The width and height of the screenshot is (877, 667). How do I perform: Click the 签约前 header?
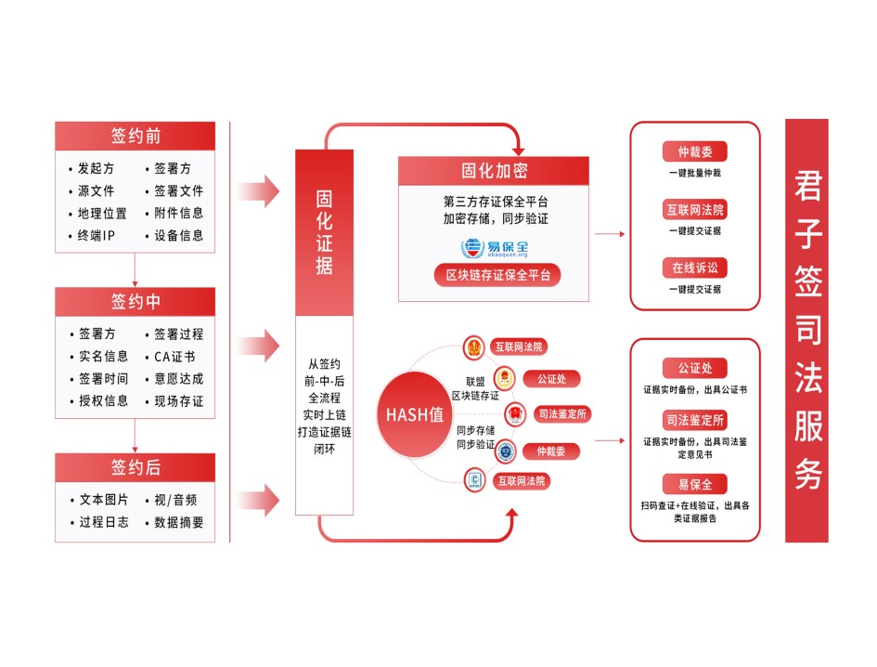(135, 136)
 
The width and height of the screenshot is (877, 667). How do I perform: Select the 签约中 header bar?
(135, 302)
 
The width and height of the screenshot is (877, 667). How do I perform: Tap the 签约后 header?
(135, 467)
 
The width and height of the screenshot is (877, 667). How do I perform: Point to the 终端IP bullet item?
(96, 236)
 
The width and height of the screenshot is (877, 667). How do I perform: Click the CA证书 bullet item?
(174, 357)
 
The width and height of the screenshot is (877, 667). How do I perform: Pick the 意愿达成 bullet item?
(178, 379)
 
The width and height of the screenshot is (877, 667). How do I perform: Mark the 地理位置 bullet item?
(102, 214)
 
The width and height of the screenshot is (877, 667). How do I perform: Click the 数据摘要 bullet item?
(178, 523)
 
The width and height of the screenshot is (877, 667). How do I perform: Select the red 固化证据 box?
(325, 232)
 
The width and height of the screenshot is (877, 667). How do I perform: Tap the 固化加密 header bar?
(494, 171)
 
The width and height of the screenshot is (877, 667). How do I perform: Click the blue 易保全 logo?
(494, 248)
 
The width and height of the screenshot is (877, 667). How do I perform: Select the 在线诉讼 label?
(694, 268)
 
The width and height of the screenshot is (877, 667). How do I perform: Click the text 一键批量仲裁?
(694, 174)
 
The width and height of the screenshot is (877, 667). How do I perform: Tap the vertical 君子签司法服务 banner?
(806, 331)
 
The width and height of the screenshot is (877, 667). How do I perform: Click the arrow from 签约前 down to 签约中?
(135, 269)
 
